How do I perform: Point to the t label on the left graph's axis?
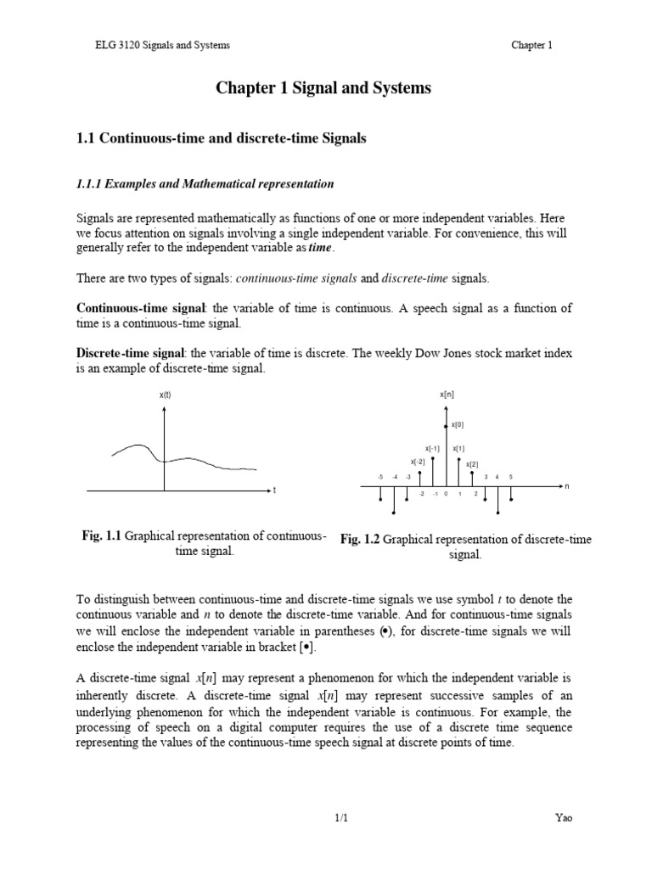(x=275, y=491)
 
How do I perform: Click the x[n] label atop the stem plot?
(x=447, y=395)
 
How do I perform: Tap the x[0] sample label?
(x=457, y=424)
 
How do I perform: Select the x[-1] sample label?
(x=432, y=448)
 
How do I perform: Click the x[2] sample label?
(x=472, y=464)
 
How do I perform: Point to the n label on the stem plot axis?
(x=568, y=486)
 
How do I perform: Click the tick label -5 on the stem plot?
(x=381, y=478)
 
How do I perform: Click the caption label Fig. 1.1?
(x=101, y=535)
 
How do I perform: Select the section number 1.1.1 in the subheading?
(x=96, y=184)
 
